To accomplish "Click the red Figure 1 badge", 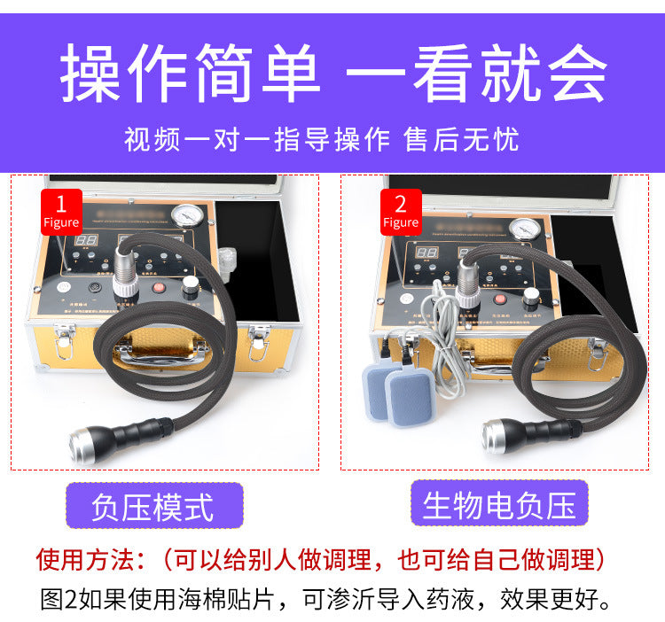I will click(60, 211).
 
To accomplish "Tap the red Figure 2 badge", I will click(401, 211).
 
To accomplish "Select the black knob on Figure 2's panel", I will click(531, 296).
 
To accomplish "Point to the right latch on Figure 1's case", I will click(260, 341).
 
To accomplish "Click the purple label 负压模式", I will click(153, 507).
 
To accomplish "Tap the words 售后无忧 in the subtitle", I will click(461, 140).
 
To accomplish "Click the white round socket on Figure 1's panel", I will click(63, 289).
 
